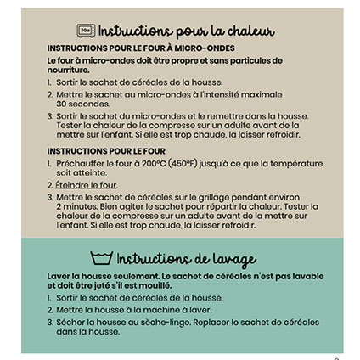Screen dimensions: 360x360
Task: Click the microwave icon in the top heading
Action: (87, 31)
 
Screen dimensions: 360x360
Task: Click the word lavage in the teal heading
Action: (228, 259)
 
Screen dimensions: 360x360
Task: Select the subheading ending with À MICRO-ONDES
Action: (141, 49)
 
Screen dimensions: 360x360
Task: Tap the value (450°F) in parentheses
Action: (185, 163)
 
